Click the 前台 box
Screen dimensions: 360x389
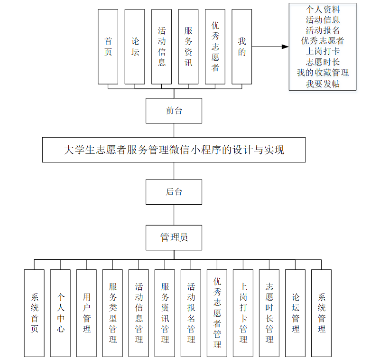[174, 111]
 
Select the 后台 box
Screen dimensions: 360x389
[174, 192]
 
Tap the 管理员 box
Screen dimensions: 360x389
[174, 237]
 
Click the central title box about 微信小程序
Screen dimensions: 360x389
[174, 150]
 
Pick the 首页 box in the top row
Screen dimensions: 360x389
[108, 47]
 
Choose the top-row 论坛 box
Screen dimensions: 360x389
[135, 47]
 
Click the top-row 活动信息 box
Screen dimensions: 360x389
[162, 47]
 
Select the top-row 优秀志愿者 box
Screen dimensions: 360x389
[215, 47]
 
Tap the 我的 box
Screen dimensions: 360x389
[242, 47]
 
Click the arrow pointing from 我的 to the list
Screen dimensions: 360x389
[270, 47]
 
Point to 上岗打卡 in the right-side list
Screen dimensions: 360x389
[323, 51]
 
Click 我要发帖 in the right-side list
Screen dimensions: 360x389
[323, 84]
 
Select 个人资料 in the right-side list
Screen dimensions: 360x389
[323, 9]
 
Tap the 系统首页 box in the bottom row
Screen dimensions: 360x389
[34, 313]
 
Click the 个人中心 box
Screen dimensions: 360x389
[60, 313]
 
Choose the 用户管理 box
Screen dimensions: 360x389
[86, 313]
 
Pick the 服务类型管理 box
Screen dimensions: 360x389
[112, 313]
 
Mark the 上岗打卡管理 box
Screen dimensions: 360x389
[243, 313]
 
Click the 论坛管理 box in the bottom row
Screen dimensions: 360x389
[295, 313]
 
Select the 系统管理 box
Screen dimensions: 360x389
[321, 313]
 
